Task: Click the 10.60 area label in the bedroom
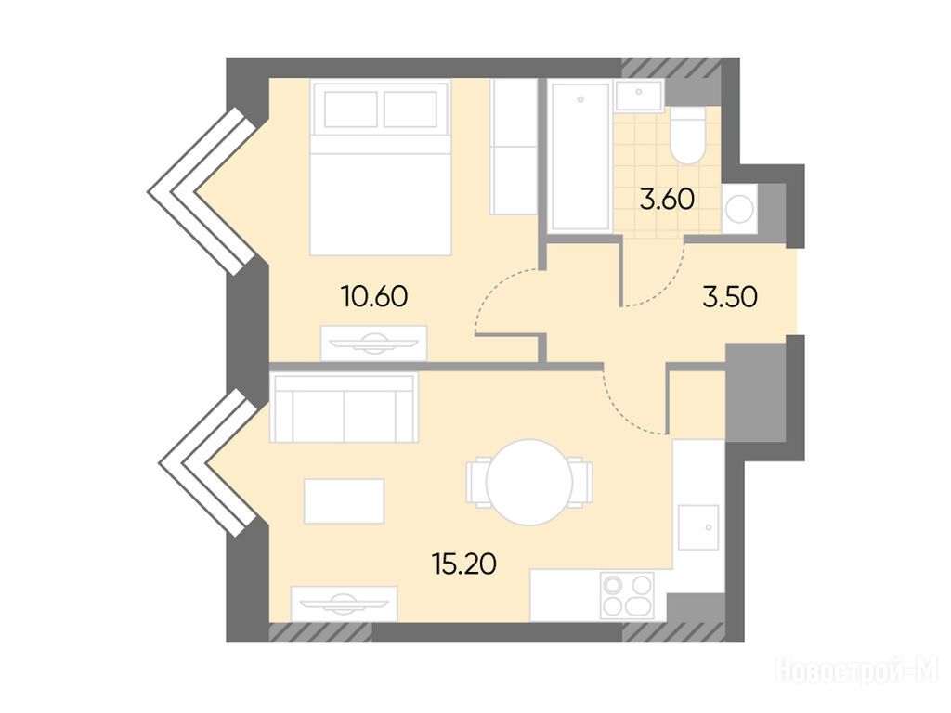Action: pos(374,296)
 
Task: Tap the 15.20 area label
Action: pos(464,564)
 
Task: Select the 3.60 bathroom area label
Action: pos(667,199)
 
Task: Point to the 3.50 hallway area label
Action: pos(730,297)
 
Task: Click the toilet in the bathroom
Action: pos(688,136)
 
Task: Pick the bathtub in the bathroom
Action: pos(580,157)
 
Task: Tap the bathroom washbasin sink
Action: pos(639,96)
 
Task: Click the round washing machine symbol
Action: pos(739,209)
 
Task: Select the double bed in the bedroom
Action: pos(380,167)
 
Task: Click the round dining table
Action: pos(529,482)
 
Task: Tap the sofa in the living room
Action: pos(344,408)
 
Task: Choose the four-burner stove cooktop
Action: pos(627,595)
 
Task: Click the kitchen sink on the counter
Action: pos(698,527)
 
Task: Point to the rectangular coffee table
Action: pos(344,500)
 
